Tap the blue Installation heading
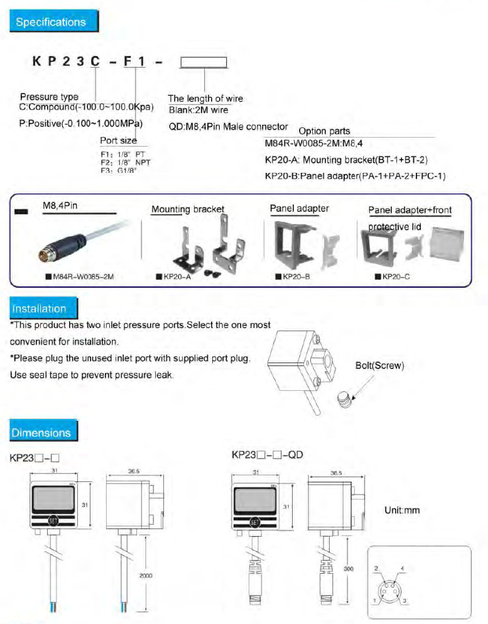40,309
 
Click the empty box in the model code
203,62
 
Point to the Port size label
118,140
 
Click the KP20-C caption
395,276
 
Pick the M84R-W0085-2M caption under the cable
79,276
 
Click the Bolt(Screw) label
380,365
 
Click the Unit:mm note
401,510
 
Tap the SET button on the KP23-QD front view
255,521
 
